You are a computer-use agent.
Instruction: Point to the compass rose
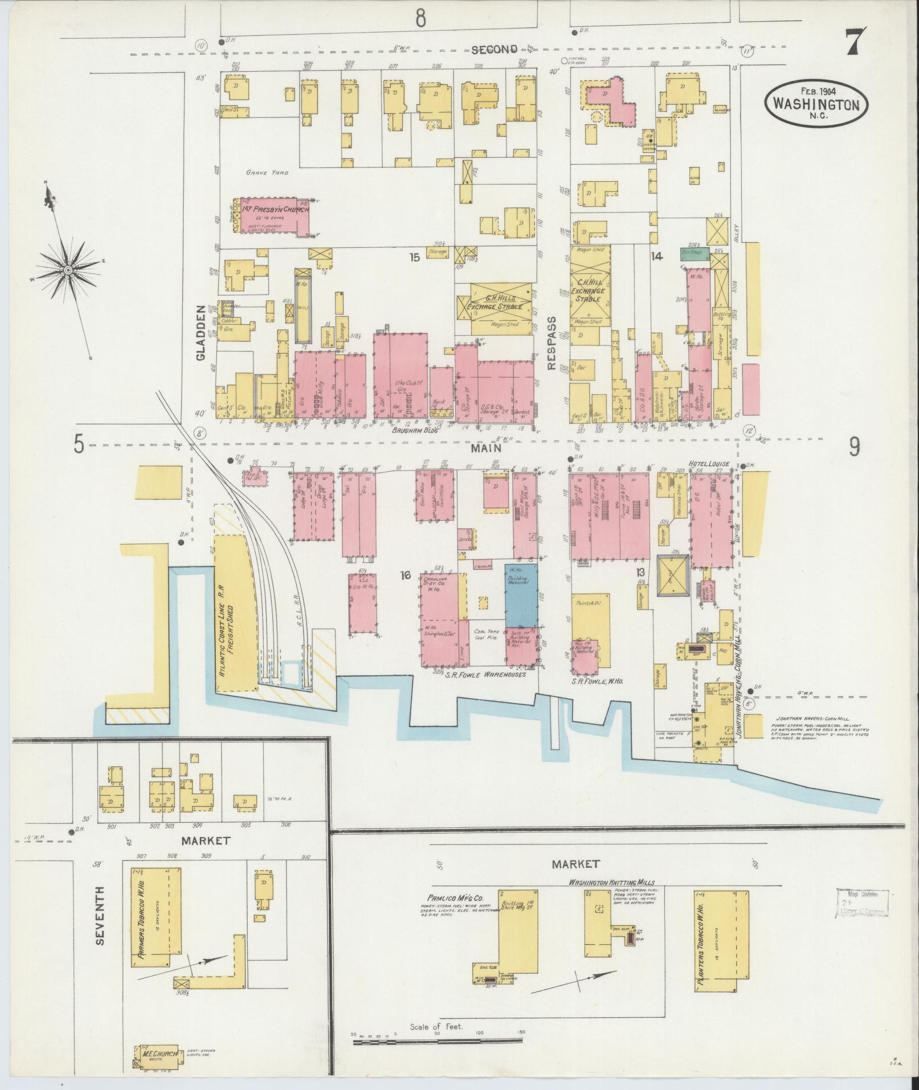coord(68,269)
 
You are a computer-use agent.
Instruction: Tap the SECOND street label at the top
coord(493,50)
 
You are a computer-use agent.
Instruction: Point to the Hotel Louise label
coord(708,464)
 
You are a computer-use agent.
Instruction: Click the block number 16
coord(405,576)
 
